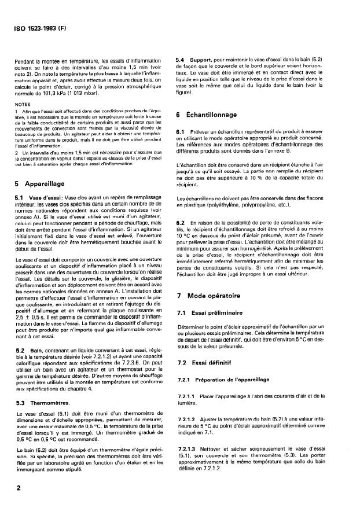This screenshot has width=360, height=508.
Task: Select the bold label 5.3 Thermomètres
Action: [39, 402]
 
